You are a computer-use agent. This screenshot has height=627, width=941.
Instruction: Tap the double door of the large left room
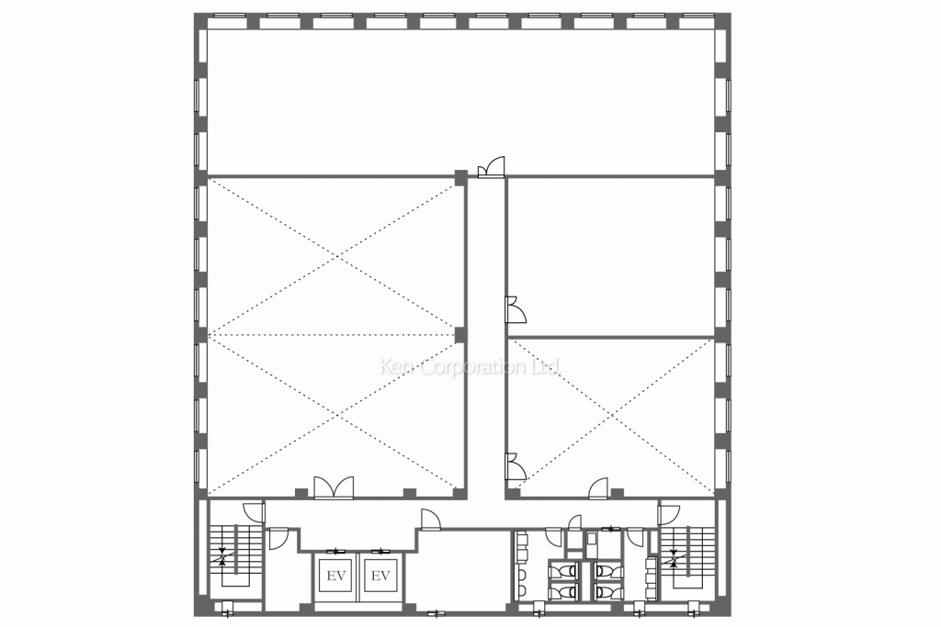333,487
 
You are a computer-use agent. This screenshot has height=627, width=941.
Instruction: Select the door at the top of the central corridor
492,167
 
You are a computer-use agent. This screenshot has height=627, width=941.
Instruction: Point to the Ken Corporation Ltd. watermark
470,367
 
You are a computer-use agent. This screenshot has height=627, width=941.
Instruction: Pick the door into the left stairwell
250,511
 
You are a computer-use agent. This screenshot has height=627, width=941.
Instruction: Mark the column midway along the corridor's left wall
460,334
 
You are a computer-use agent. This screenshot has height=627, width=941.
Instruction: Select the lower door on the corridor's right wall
515,467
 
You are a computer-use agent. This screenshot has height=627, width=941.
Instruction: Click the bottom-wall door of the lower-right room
599,489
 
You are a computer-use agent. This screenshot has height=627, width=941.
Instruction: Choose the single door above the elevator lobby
428,520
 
